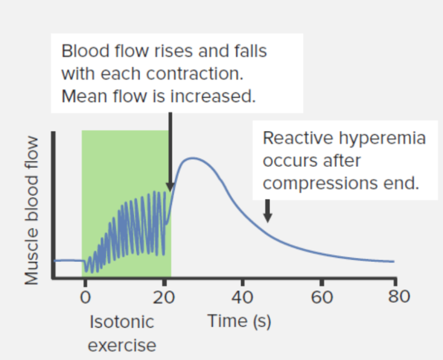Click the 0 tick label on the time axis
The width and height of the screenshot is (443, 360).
(x=85, y=297)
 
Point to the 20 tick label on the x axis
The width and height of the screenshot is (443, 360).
(x=164, y=297)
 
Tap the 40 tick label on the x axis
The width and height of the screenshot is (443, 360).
(x=242, y=297)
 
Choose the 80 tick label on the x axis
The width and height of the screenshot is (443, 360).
(x=397, y=297)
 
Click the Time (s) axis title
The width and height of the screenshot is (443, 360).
(x=239, y=321)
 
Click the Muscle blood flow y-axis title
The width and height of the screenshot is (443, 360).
(x=32, y=211)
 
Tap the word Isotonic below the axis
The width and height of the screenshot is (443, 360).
(x=122, y=321)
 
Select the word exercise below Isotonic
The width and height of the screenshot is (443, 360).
(x=122, y=345)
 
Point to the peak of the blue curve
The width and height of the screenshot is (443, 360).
(x=194, y=158)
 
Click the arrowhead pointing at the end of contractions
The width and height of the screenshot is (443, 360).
(x=170, y=186)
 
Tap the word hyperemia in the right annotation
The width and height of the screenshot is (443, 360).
(x=381, y=138)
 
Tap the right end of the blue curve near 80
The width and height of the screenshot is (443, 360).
(x=393, y=261)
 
